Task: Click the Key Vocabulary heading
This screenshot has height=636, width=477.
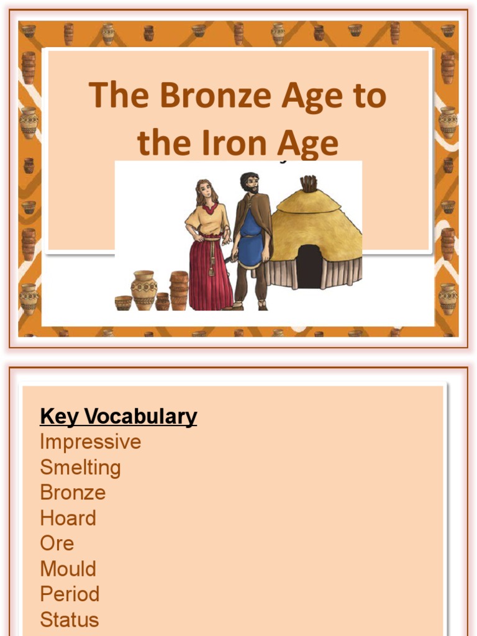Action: point(118,416)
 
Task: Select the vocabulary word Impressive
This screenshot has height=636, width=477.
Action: point(90,442)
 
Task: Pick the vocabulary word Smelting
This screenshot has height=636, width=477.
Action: point(80,467)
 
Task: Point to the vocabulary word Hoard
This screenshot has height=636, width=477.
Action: point(68,518)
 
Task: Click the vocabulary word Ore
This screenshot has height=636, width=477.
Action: point(57,543)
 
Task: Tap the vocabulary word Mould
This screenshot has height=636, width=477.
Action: point(68,568)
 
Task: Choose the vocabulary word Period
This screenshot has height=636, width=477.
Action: point(70,594)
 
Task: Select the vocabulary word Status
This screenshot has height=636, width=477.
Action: point(69,619)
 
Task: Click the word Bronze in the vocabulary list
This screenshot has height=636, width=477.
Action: point(73,493)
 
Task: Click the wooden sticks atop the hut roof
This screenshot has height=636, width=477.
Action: point(308,183)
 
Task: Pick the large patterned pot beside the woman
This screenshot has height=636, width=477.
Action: point(143,289)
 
